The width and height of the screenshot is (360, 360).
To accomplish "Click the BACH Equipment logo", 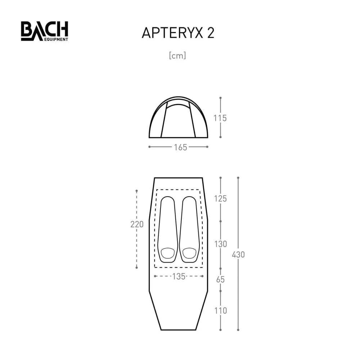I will pyautogui.click(x=44, y=31).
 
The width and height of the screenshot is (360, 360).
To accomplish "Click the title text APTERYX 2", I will pyautogui.click(x=178, y=33).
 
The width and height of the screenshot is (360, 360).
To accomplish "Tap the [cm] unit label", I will pyautogui.click(x=177, y=56).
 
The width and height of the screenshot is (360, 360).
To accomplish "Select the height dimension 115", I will pyautogui.click(x=220, y=118).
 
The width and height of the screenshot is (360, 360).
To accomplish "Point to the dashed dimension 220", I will pyautogui.click(x=137, y=224).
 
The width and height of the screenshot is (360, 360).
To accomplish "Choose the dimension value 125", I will pyautogui.click(x=220, y=198).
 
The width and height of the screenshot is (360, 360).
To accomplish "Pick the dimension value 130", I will pyautogui.click(x=220, y=244).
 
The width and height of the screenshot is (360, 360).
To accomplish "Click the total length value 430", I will pyautogui.click(x=238, y=254).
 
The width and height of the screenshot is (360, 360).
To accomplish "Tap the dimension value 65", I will pyautogui.click(x=220, y=279).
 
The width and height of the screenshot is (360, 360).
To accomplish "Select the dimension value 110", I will pyautogui.click(x=220, y=310).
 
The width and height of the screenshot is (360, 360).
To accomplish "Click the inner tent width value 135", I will pyautogui.click(x=179, y=276).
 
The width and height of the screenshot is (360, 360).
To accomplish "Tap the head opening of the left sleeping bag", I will pyautogui.click(x=167, y=253).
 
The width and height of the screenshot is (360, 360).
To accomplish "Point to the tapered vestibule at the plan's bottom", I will pyautogui.click(x=178, y=310).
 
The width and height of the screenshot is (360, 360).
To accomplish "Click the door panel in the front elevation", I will pyautogui.click(x=178, y=121).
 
